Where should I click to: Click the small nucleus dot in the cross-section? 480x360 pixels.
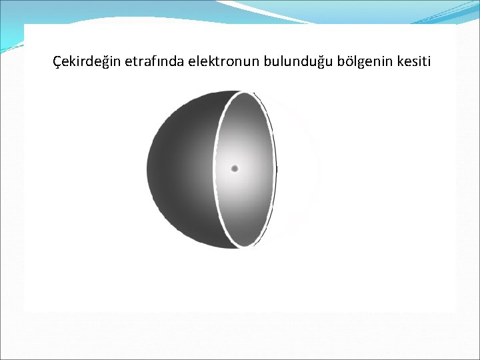point(235,169)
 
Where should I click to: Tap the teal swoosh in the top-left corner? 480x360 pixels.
point(13,27)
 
